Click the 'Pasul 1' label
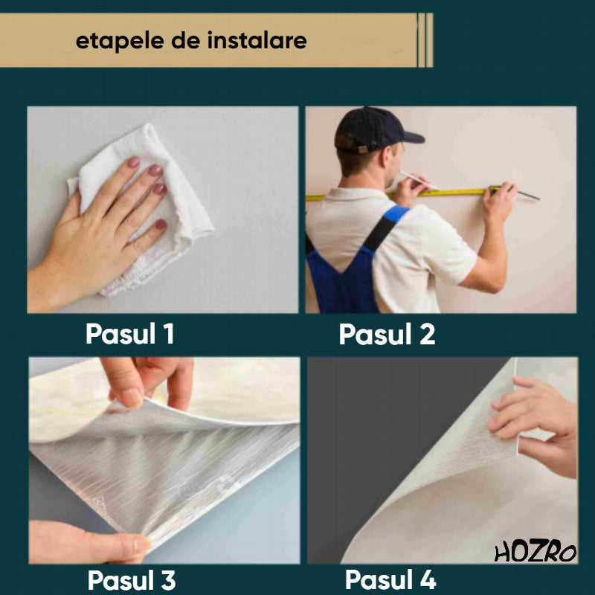pos(130,334)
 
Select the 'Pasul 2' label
pos(387,335)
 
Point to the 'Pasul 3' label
pos(132,579)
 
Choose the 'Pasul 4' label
pos(390,579)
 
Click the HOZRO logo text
pos(535,553)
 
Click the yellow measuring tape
pos(446,192)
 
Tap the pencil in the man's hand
pos(416,179)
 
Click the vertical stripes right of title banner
pos(425,40)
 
